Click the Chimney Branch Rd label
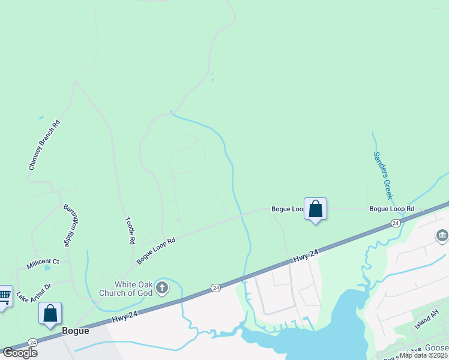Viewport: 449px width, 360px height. point(45,145)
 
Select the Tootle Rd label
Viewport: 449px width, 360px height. point(130,230)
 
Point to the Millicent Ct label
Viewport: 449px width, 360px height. point(43,263)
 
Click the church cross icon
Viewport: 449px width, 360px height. point(161,289)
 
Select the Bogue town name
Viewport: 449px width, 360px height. point(75,331)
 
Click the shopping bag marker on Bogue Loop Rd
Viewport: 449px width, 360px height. point(315,209)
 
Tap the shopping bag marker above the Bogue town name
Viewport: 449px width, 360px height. point(50,313)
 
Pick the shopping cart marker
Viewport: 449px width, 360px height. point(4,296)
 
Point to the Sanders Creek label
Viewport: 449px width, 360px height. point(382,175)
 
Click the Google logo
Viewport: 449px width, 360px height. point(19,353)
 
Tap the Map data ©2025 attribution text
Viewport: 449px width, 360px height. point(424,355)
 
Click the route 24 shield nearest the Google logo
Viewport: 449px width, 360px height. point(33,343)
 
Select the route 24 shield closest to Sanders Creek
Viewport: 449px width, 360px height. point(395,223)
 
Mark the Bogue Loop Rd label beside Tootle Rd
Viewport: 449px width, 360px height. point(156,250)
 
